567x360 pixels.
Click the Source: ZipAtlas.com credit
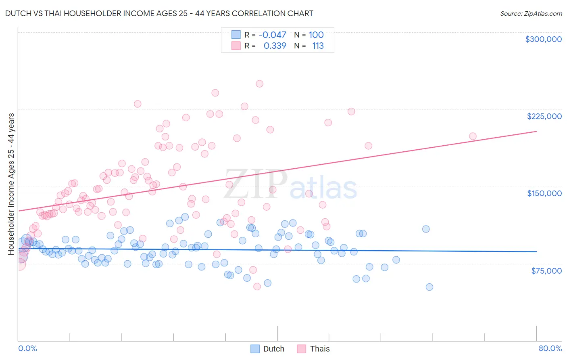point(531,14)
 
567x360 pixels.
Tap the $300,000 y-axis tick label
point(543,39)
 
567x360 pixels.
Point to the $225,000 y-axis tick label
point(544,116)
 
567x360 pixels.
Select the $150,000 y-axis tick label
point(544,193)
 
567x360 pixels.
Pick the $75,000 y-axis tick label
point(546,271)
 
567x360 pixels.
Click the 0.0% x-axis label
point(27,348)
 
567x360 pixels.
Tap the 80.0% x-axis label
point(550,348)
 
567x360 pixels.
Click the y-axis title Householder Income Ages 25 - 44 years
point(11,184)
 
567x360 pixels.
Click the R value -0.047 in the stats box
point(272,35)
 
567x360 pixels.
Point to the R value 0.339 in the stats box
point(275,46)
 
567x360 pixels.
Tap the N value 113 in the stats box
point(318,46)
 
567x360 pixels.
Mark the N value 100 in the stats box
point(316,35)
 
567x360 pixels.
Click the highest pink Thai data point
point(259,84)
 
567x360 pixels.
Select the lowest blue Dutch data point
point(429,287)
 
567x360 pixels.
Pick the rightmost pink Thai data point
point(473,136)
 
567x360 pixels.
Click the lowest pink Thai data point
point(257,287)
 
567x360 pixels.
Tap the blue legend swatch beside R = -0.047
point(236,35)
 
